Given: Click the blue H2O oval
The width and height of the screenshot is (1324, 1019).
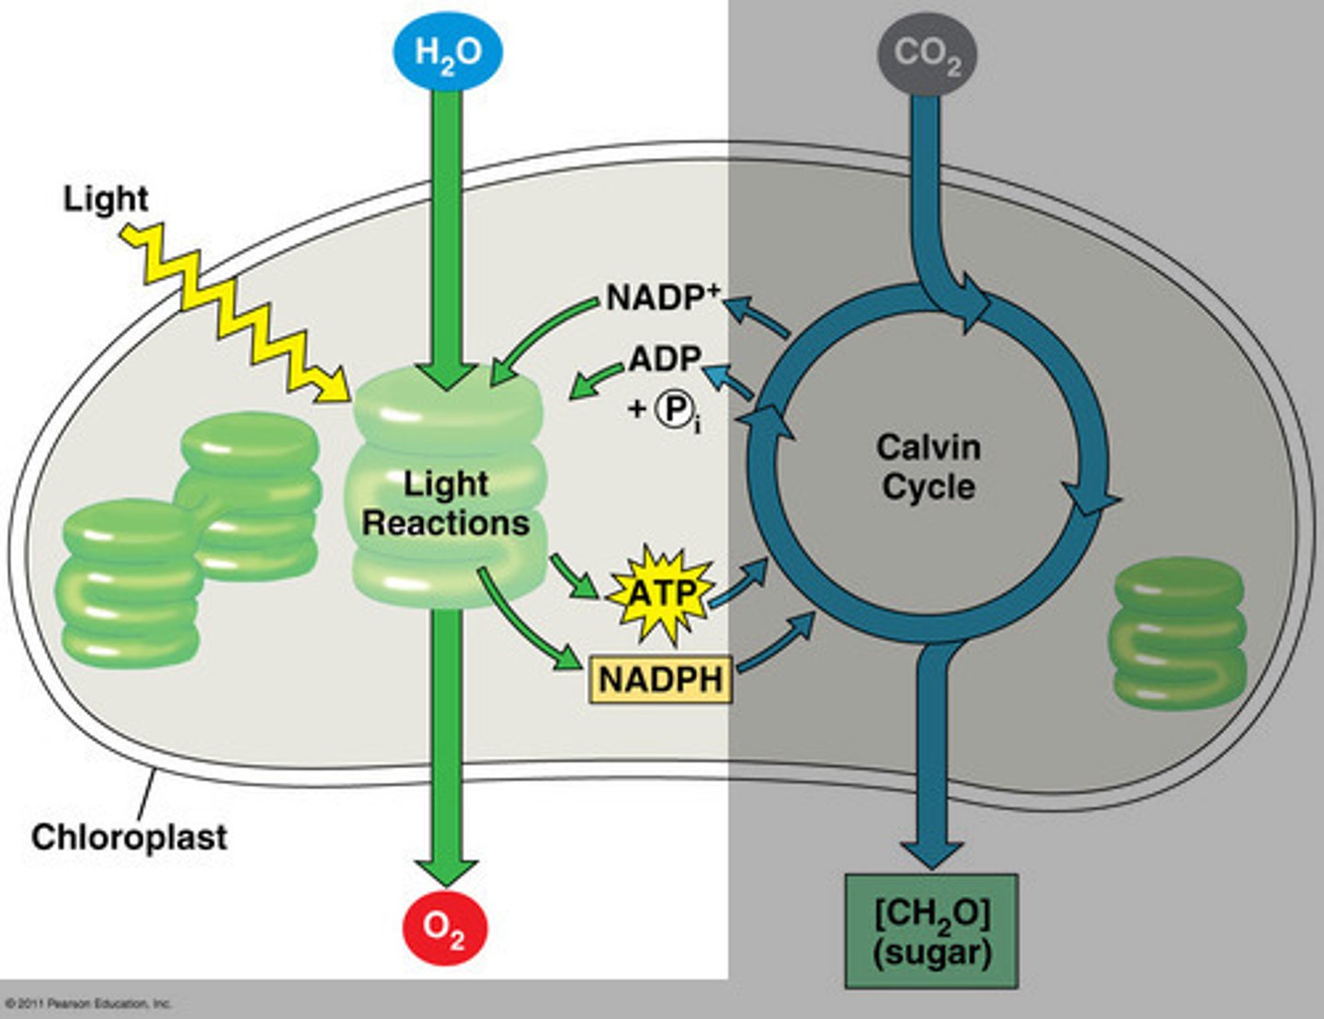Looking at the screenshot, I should [x=448, y=51].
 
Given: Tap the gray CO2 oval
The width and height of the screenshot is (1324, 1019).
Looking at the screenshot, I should [x=927, y=54].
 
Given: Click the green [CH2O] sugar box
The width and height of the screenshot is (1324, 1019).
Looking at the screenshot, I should [x=931, y=931].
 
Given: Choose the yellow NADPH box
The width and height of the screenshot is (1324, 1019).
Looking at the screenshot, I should [x=660, y=680].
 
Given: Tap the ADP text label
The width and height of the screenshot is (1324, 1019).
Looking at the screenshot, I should [x=665, y=359].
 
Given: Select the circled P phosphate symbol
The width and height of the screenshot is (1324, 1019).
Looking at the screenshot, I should [x=674, y=409].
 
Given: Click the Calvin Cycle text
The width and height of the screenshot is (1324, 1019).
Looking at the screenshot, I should [x=929, y=466].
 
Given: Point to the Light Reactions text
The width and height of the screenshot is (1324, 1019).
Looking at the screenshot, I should [x=446, y=503].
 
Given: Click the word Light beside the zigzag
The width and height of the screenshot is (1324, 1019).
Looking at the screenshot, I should [x=105, y=199].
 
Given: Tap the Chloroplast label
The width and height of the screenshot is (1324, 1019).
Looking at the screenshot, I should [x=129, y=837].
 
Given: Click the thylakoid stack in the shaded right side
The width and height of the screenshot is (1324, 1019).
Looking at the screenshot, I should [x=1179, y=632].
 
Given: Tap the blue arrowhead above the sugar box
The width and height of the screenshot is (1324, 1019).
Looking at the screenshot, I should [x=930, y=852].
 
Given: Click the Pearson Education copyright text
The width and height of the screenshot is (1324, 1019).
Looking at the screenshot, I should [x=88, y=1003].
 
